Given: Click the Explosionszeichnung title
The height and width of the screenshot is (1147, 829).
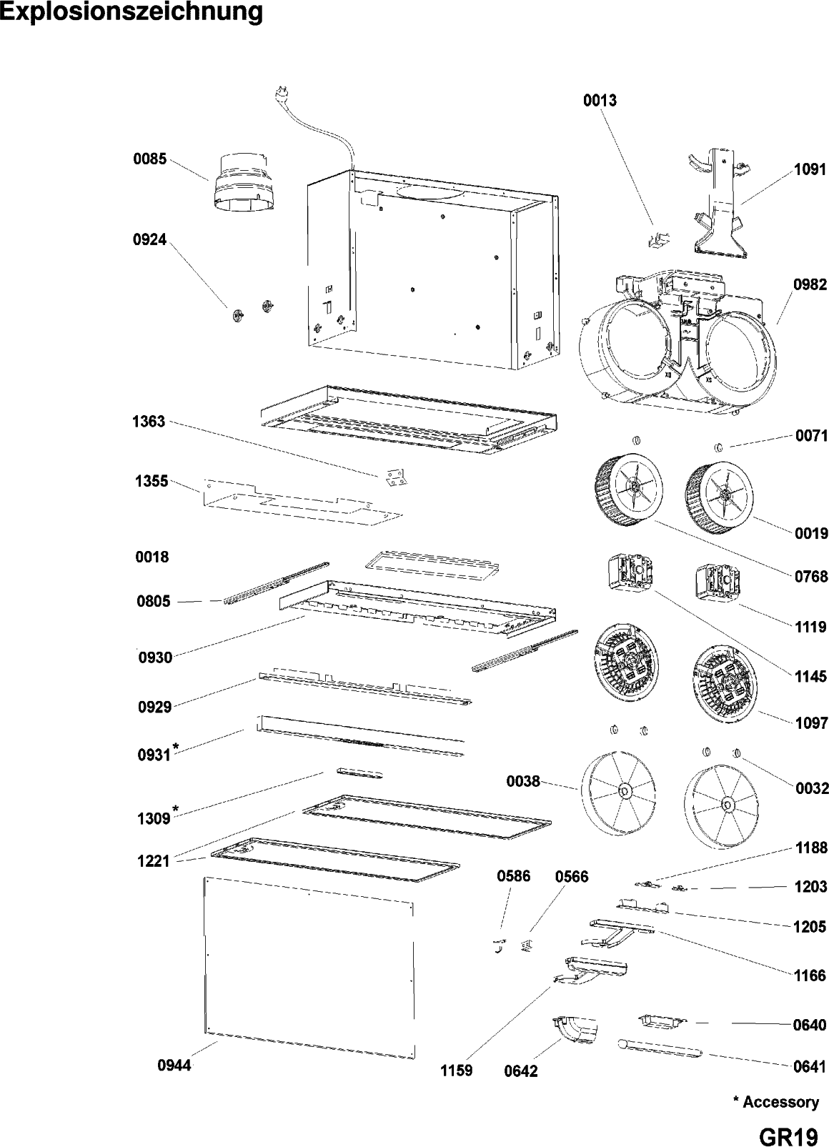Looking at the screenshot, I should click(x=131, y=13).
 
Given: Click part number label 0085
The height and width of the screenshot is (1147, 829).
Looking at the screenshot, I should click(x=150, y=159).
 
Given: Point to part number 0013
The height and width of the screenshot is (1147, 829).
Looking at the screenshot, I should click(x=600, y=101).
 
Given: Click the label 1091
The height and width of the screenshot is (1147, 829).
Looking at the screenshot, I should click(x=810, y=169).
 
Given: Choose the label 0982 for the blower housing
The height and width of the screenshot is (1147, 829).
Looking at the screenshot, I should click(x=810, y=285).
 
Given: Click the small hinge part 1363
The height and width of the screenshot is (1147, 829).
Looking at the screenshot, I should click(x=394, y=478).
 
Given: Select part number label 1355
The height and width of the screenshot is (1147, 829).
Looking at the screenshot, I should click(x=152, y=482).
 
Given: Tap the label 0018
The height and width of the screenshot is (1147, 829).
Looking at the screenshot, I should click(x=152, y=557).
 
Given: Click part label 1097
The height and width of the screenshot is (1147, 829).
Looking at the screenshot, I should click(x=811, y=723).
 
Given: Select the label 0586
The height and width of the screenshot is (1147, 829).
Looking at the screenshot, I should click(x=514, y=876).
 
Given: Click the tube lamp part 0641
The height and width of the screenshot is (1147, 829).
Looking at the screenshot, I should click(x=659, y=1049).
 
